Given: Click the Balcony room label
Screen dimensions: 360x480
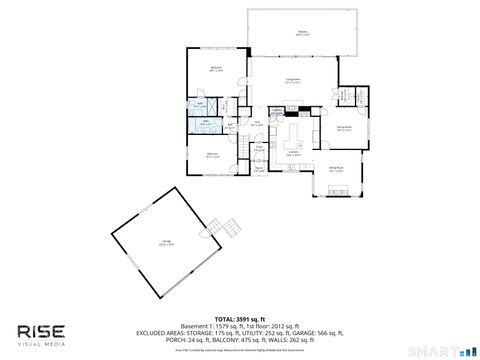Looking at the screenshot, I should (302, 32).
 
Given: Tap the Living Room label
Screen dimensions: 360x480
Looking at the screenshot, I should (293, 81).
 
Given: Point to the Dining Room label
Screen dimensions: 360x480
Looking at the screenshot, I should (343, 128).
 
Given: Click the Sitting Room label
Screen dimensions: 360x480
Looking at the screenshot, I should (337, 169).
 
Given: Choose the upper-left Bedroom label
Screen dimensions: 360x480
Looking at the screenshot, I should (215, 70).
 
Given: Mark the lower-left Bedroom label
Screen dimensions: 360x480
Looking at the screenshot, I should (212, 154).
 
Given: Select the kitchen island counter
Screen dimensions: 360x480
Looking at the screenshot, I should (295, 132).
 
